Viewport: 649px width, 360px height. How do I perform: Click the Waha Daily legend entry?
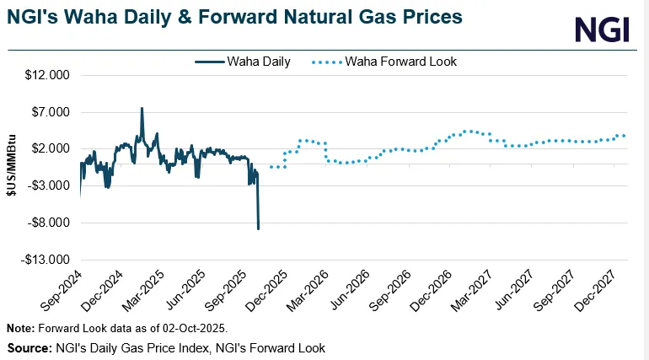click(242, 62)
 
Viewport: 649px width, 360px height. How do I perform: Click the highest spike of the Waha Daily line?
click(142, 109)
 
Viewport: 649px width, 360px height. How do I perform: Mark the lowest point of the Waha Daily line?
click(258, 228)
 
